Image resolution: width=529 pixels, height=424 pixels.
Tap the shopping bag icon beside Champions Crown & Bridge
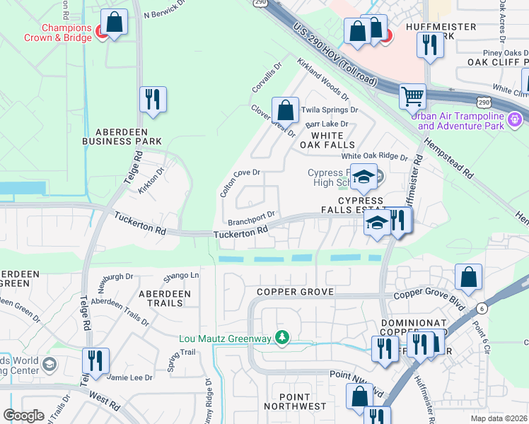(x=114, y=22)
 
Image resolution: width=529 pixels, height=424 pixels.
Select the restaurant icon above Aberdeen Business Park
(x=152, y=100)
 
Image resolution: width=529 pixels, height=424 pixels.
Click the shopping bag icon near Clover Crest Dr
(x=285, y=110)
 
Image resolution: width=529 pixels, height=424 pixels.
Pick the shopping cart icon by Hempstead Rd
(x=412, y=95)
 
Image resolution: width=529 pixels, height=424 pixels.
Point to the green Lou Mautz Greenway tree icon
(x=282, y=338)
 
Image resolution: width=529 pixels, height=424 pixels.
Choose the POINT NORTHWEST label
(x=296, y=401)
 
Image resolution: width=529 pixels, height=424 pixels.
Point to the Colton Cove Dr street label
(x=240, y=182)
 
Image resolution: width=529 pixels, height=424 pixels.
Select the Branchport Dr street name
(x=250, y=216)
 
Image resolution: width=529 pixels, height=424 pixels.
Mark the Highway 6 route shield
(x=482, y=308)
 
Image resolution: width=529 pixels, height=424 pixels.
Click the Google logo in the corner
(x=23, y=416)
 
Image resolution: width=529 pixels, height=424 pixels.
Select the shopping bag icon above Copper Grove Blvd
(x=468, y=277)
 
